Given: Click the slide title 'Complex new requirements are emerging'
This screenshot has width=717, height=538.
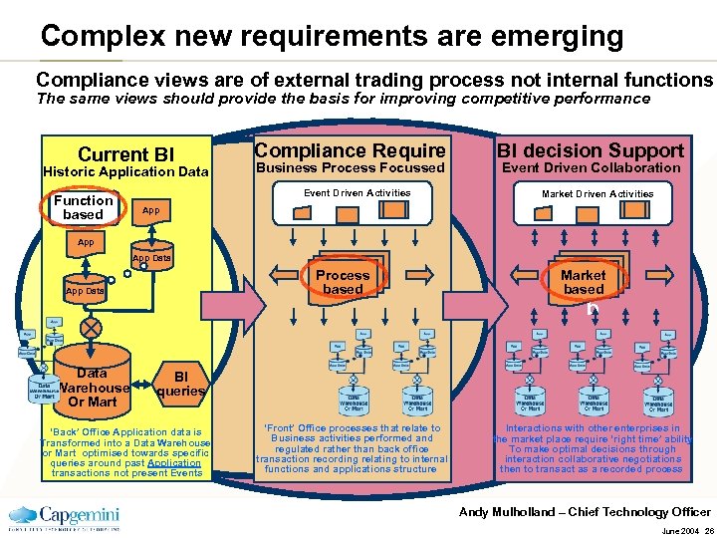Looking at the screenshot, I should (x=332, y=37).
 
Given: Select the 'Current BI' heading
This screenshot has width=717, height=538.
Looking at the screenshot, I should (x=125, y=154).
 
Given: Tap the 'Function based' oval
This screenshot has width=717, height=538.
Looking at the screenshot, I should (x=83, y=207).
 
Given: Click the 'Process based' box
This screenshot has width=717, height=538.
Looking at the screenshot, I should (x=342, y=282).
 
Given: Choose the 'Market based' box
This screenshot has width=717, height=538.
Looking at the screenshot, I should (x=583, y=282).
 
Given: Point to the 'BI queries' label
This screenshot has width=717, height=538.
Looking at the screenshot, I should (x=181, y=384).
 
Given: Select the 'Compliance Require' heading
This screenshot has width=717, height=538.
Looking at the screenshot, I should (x=350, y=150).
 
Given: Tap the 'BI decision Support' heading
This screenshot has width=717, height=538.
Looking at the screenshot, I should (x=591, y=150).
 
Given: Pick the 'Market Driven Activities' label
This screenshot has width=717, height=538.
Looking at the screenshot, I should (x=597, y=194).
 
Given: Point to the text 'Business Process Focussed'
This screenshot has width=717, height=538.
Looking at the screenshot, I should (x=350, y=168).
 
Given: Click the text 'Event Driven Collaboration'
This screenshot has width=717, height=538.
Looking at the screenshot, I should (x=591, y=168).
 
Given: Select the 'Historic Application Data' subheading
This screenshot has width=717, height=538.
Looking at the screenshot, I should (x=125, y=172).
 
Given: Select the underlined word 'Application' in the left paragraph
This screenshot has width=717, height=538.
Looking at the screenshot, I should (x=173, y=462).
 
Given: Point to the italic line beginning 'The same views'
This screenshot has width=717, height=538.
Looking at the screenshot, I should (x=343, y=99).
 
